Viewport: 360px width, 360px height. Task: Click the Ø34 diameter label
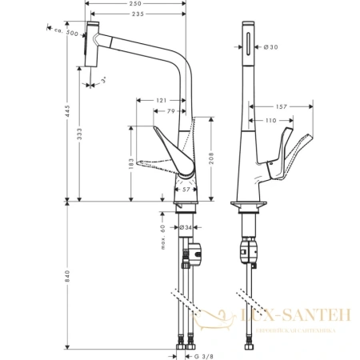(185, 228)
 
